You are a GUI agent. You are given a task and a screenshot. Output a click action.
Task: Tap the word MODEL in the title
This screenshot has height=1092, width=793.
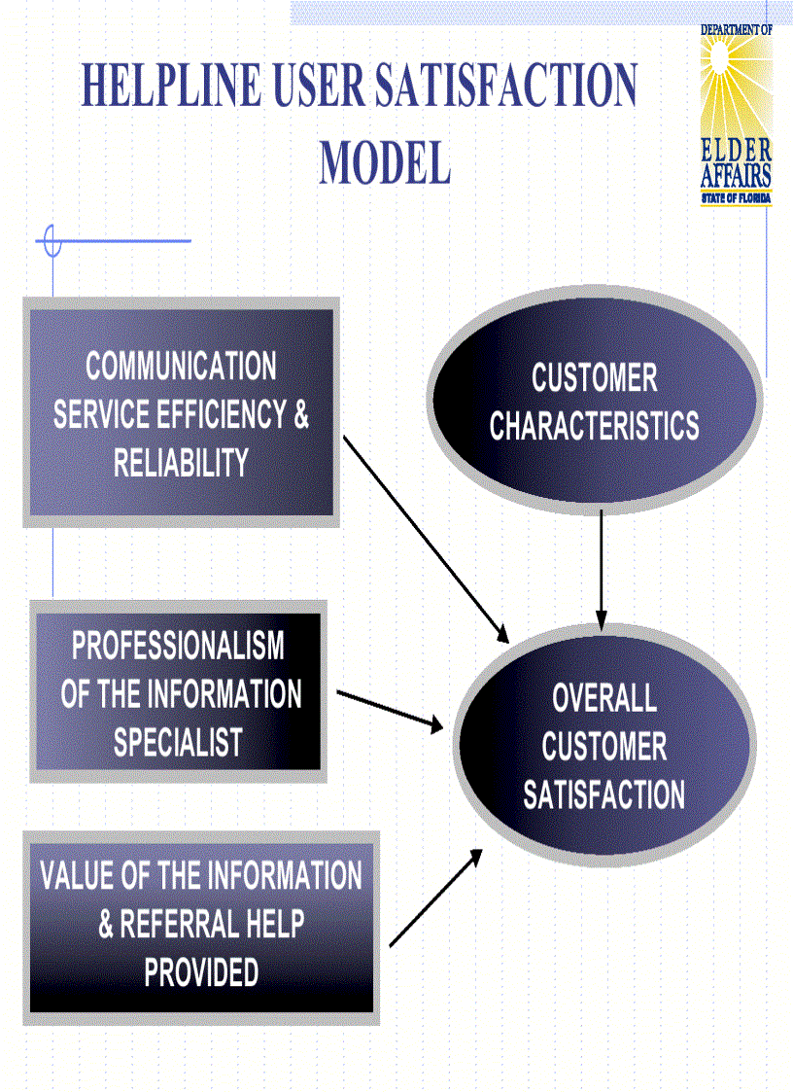385,162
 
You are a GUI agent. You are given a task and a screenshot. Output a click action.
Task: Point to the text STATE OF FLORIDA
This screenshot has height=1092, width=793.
736,199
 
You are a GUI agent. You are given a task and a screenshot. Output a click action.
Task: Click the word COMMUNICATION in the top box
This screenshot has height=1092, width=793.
181,368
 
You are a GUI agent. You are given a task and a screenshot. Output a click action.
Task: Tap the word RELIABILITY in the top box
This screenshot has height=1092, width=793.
181,463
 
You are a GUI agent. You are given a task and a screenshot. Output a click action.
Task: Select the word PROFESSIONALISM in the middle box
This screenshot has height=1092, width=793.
178,646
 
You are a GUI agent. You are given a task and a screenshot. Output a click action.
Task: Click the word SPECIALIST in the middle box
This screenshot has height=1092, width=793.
178,743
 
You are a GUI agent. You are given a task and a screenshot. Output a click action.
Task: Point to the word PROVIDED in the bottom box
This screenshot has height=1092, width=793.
201,972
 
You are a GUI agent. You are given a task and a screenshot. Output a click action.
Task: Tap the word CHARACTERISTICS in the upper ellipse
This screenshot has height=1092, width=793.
594,427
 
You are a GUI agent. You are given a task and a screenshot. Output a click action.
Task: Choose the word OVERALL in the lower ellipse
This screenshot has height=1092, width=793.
603,698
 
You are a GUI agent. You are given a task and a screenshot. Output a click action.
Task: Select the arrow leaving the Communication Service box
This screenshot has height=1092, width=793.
426,539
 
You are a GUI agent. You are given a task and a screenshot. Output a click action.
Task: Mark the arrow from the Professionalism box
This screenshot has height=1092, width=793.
390,709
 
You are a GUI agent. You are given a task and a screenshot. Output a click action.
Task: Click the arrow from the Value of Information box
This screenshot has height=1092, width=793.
435,897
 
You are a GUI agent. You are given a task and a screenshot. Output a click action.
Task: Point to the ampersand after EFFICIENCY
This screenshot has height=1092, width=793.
300,415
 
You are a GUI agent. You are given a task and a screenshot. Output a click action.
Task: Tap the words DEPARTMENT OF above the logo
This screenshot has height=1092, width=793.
736,30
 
